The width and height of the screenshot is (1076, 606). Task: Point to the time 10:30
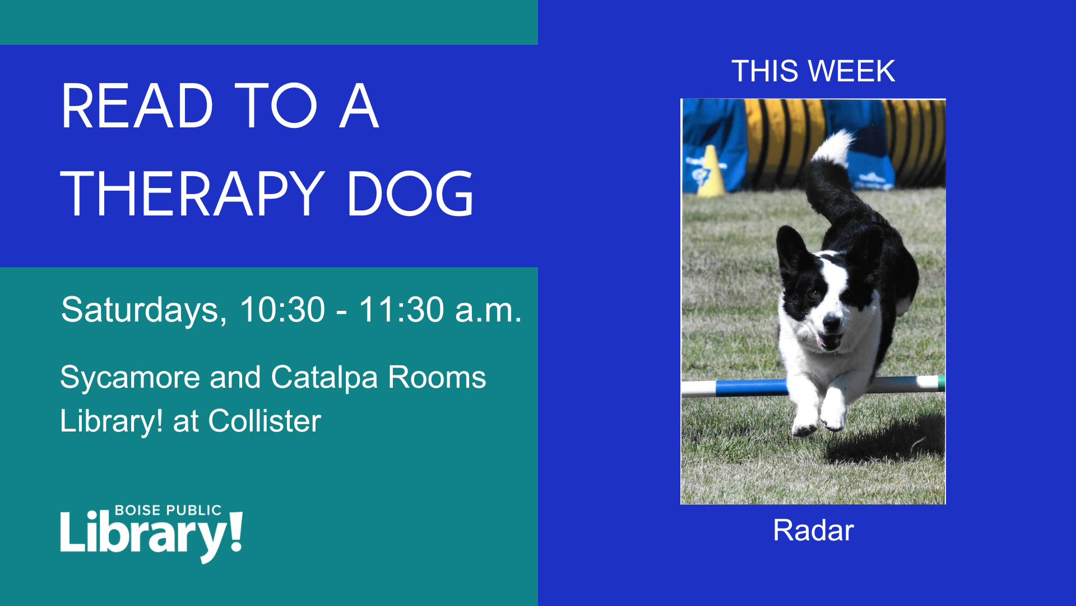(282, 309)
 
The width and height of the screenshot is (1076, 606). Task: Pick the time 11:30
(402, 309)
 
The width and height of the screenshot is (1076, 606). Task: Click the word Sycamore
(129, 378)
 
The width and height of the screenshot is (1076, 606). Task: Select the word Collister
(265, 421)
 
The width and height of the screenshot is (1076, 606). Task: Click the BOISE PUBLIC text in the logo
(168, 510)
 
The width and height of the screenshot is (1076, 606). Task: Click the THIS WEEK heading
(813, 71)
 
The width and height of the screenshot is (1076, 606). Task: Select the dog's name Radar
(813, 530)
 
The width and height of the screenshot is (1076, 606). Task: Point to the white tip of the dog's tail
(834, 147)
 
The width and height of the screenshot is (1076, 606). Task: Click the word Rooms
(437, 378)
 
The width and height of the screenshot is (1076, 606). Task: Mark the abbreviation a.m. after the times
(488, 310)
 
